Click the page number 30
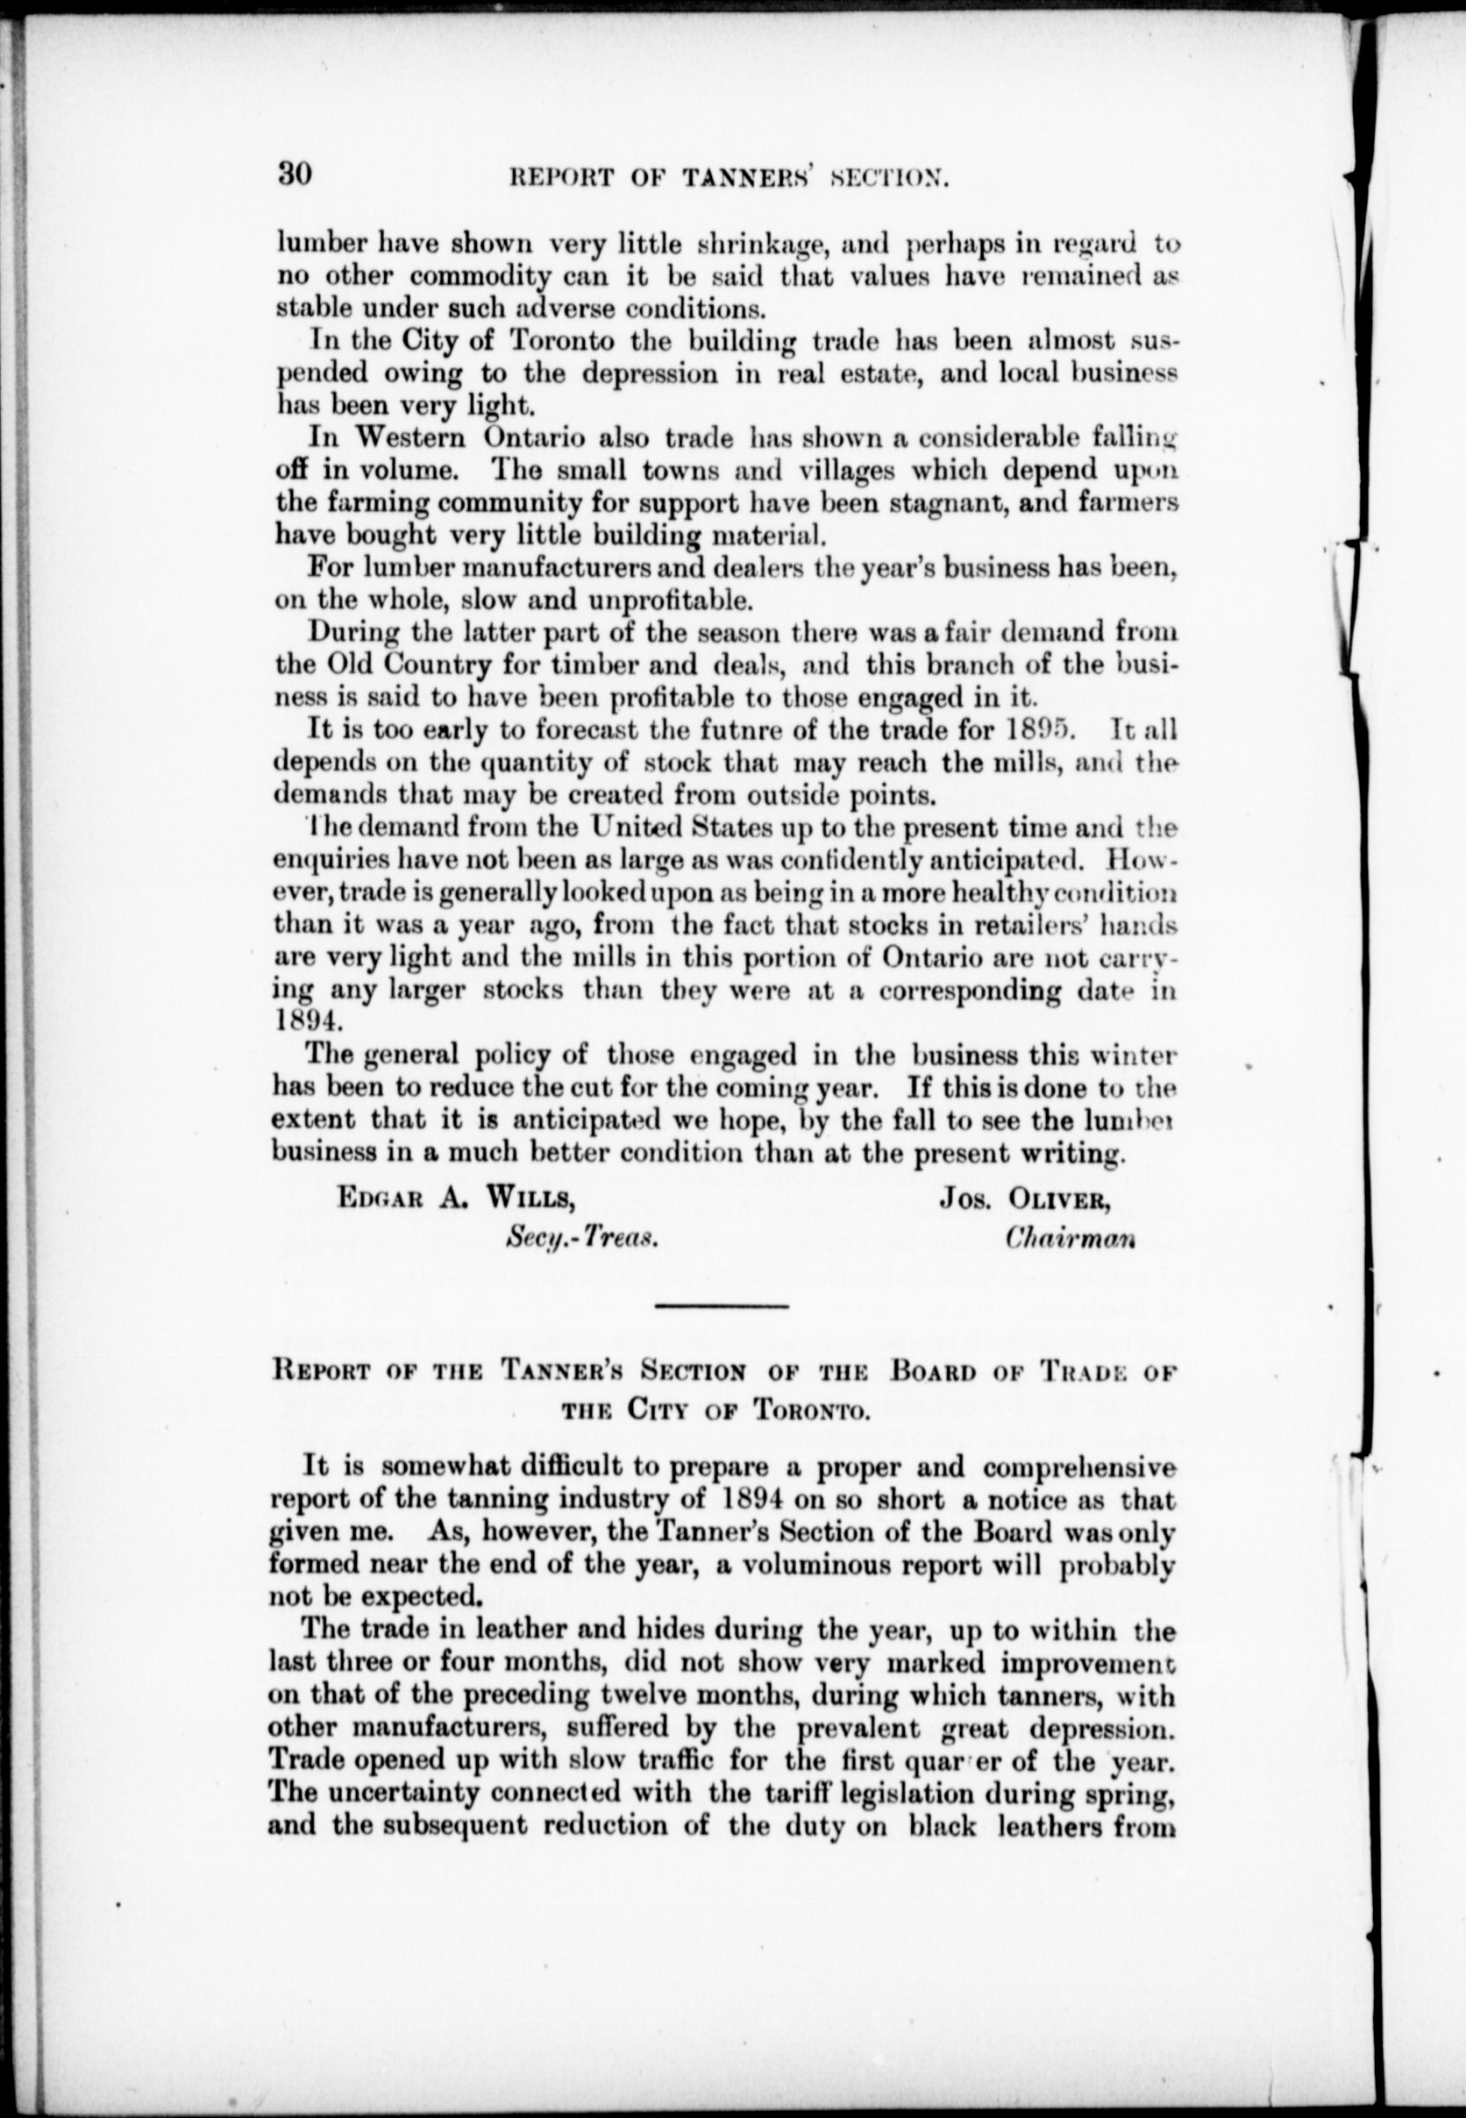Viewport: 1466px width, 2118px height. click(295, 174)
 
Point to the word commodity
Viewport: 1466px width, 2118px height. click(480, 277)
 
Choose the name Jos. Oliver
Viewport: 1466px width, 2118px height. click(1024, 1199)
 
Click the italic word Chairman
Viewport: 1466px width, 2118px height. click(1070, 1237)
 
